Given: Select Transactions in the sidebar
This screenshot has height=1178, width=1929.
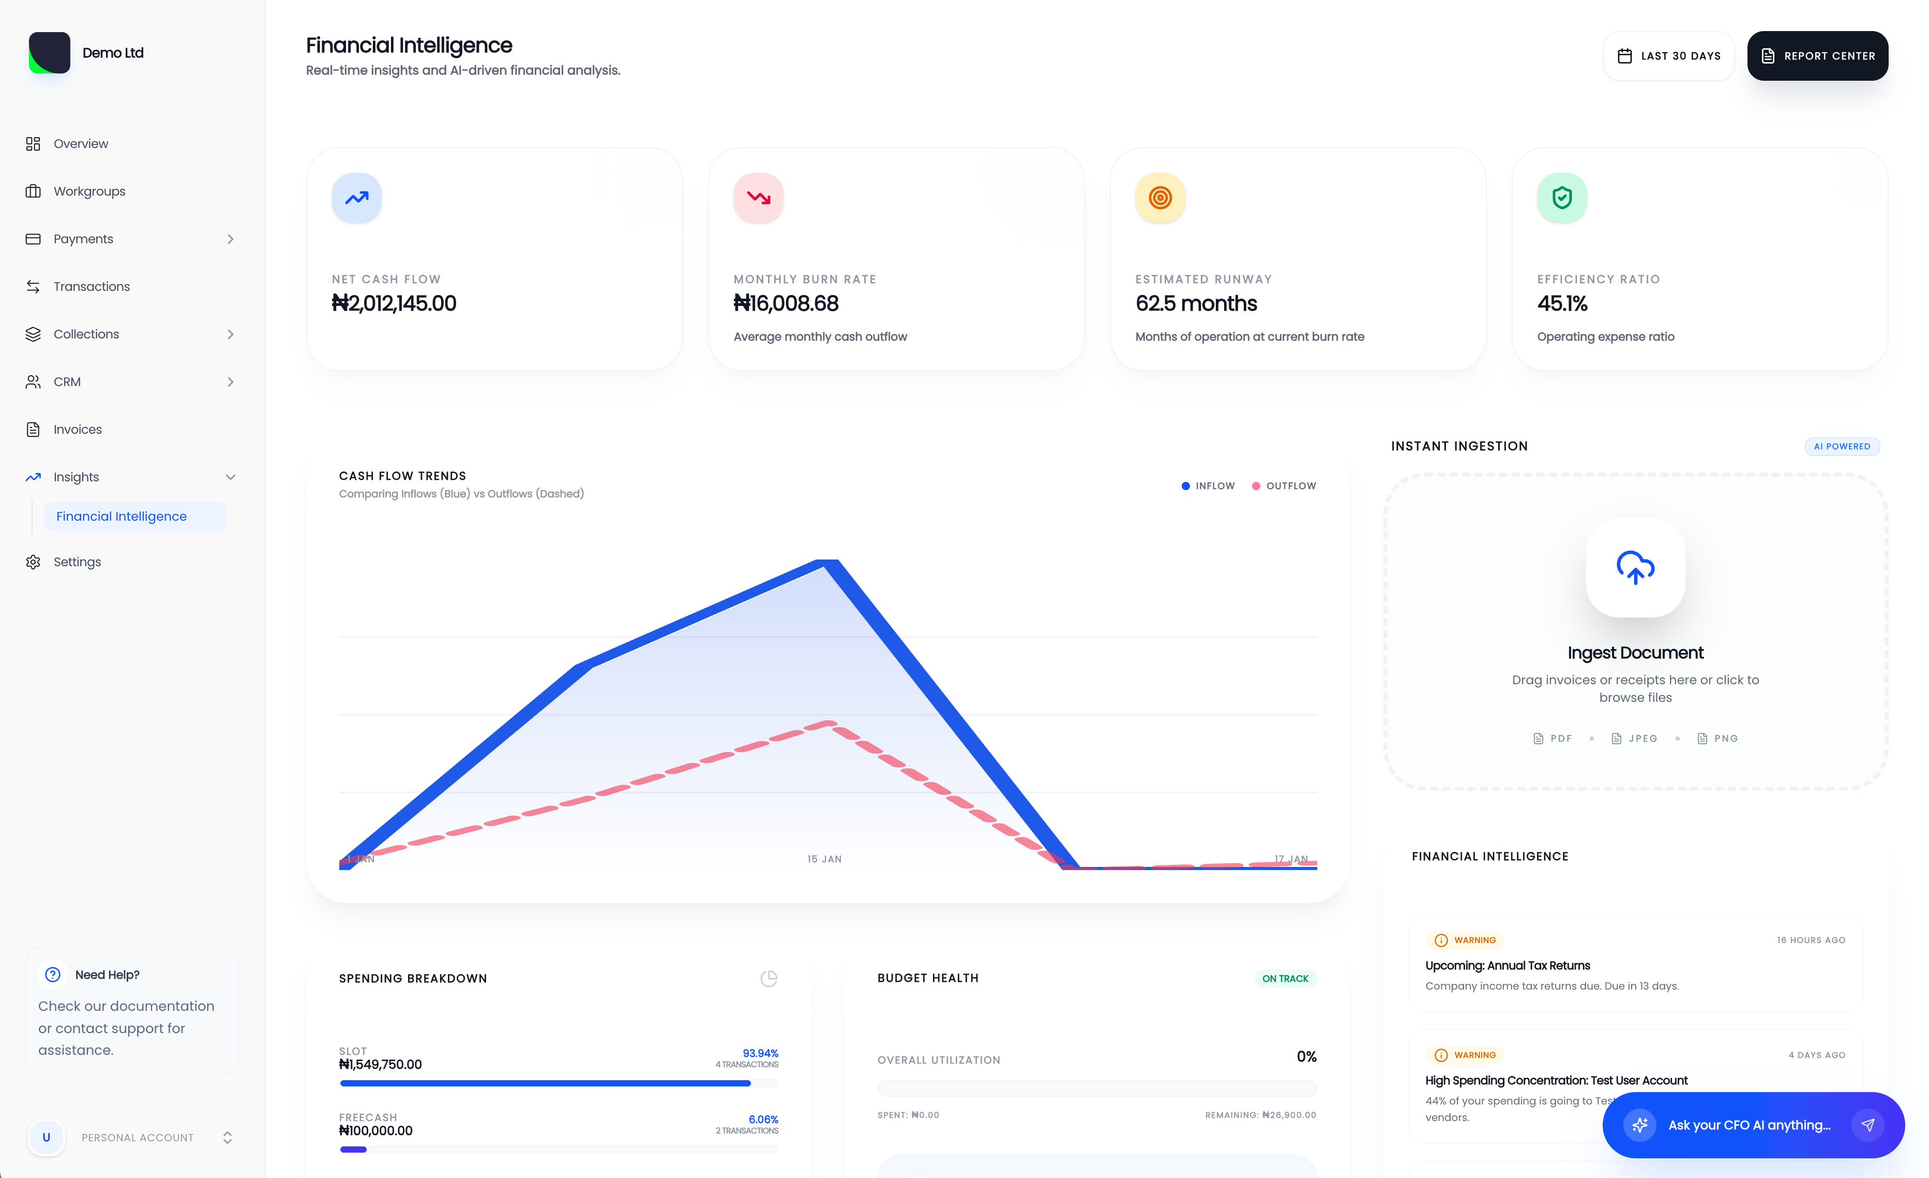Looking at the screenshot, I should [92, 287].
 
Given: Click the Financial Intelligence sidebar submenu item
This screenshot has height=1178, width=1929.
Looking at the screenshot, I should [122, 516].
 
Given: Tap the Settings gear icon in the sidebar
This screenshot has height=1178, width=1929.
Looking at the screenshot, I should [33, 562].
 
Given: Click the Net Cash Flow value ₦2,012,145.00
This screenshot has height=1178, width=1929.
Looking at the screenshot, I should [394, 303].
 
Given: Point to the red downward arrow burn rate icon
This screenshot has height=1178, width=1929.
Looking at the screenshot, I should [758, 197].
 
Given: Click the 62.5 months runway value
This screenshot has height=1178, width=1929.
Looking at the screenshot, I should [1196, 303].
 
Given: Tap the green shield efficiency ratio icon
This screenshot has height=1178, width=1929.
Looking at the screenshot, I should [1561, 197].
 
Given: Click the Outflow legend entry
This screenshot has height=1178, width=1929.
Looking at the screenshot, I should [1284, 485].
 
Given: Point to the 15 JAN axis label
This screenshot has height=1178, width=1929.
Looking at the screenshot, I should [824, 859].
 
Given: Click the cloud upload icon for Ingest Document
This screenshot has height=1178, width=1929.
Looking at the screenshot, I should [1635, 567].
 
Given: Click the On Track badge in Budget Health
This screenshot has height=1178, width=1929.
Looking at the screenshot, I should [1284, 978].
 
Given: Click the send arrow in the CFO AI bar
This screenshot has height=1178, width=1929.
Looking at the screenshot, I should [1867, 1125].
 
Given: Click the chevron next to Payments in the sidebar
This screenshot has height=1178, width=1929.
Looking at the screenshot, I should [230, 239].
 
